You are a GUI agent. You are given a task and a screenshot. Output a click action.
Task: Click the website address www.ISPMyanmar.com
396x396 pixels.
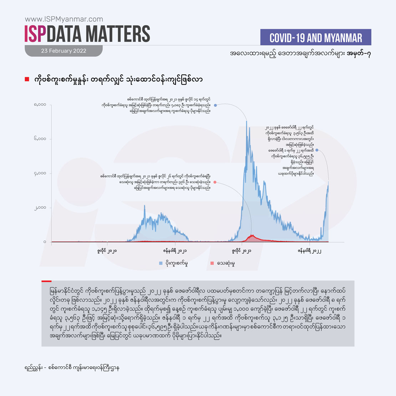(x=64, y=19)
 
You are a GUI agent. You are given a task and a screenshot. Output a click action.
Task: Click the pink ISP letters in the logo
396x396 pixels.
(x=36, y=34)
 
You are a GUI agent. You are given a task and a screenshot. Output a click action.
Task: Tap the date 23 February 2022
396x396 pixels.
(x=64, y=51)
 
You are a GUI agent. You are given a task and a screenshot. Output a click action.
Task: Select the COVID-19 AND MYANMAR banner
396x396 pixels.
(x=316, y=37)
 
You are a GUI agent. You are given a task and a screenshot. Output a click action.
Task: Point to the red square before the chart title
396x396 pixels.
(x=27, y=79)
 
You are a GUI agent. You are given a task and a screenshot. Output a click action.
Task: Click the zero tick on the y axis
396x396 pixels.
(x=45, y=242)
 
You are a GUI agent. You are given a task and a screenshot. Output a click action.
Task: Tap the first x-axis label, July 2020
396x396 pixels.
(x=107, y=251)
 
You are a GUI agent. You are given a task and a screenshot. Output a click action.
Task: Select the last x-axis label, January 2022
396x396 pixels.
(x=309, y=251)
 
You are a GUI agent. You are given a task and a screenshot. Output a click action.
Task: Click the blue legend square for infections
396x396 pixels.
(x=161, y=263)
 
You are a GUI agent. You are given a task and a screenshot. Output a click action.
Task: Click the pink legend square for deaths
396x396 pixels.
(x=212, y=263)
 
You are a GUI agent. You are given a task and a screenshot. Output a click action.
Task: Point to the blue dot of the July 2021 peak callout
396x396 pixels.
(x=215, y=105)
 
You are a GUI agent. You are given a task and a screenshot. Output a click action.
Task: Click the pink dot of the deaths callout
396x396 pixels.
(x=214, y=182)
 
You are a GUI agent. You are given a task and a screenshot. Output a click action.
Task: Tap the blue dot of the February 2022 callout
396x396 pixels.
(x=317, y=150)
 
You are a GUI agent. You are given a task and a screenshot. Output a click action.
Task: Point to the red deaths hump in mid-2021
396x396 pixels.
(x=253, y=237)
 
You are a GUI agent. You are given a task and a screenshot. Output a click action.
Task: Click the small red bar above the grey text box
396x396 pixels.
(x=46, y=281)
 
